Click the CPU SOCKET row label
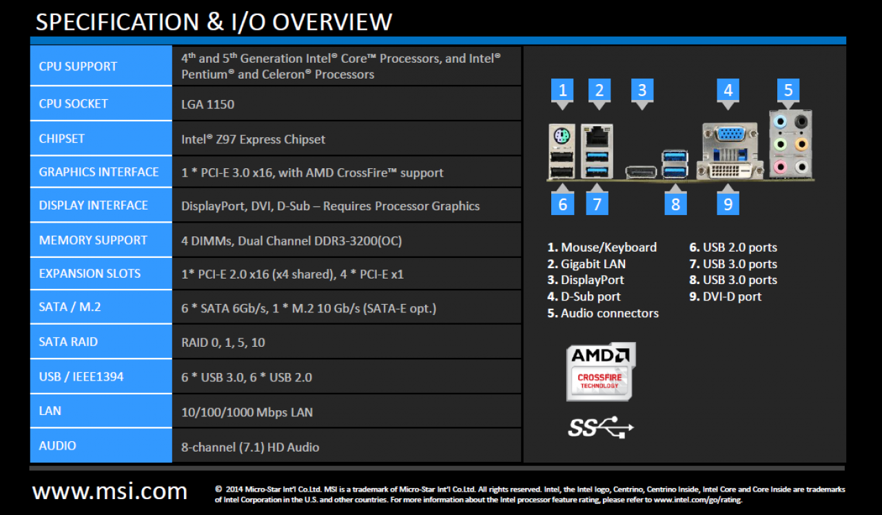[73, 103]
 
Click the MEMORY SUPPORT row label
[93, 240]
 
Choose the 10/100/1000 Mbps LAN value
[247, 412]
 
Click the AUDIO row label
[57, 445]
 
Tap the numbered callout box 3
[642, 90]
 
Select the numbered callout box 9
[728, 204]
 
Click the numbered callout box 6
[562, 204]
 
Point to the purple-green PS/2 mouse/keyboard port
[562, 137]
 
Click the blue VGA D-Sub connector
[731, 134]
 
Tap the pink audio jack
[779, 167]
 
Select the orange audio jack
[801, 144]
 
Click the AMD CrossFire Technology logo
[601, 372]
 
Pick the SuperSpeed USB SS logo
[601, 427]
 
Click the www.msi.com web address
[110, 491]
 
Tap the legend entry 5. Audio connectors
[603, 313]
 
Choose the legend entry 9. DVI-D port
[726, 296]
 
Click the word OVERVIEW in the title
[332, 21]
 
